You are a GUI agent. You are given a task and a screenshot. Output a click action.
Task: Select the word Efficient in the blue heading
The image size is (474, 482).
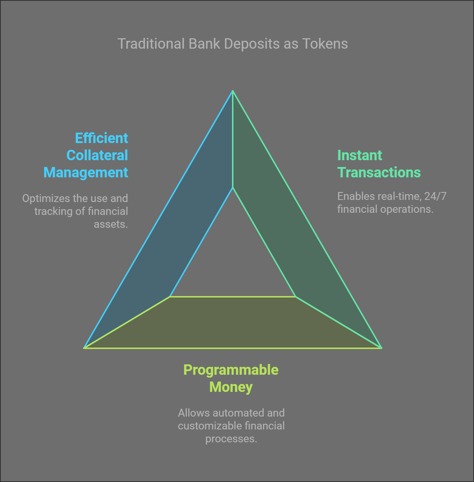click(x=101, y=138)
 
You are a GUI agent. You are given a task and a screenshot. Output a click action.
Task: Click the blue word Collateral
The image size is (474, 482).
click(x=97, y=156)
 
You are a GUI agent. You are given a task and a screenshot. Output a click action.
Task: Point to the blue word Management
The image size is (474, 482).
click(x=86, y=173)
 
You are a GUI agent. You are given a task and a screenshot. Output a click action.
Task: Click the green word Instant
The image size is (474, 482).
click(x=359, y=156)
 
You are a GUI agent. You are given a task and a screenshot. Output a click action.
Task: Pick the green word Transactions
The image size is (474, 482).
click(x=379, y=173)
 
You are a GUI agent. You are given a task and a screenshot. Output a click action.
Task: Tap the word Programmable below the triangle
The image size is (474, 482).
click(x=231, y=370)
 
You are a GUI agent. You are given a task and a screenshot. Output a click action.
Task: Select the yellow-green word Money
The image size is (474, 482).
click(x=231, y=387)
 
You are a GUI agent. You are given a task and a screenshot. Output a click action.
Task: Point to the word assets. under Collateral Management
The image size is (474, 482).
click(x=111, y=224)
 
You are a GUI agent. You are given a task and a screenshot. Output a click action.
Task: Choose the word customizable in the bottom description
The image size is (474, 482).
click(x=205, y=426)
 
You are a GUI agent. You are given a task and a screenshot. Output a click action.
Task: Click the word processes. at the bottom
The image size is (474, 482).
click(x=231, y=439)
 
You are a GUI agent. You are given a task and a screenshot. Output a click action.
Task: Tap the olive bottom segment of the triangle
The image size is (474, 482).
click(x=233, y=322)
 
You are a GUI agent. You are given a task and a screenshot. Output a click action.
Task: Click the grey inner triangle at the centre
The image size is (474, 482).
click(x=233, y=261)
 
